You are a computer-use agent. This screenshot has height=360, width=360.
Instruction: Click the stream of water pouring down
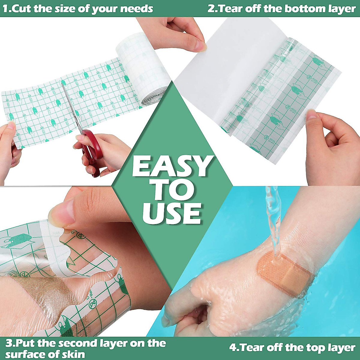[x=273, y=216]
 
